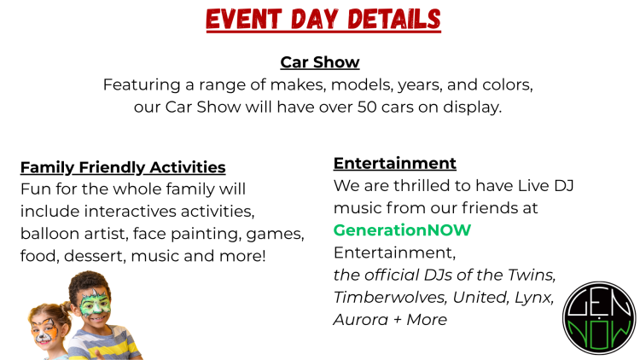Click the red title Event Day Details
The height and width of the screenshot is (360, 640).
pyautogui.click(x=323, y=19)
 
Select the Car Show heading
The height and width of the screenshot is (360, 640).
pyautogui.click(x=320, y=62)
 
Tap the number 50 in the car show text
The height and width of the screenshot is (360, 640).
pyautogui.click(x=367, y=107)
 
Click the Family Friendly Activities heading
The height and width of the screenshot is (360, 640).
pyautogui.click(x=123, y=167)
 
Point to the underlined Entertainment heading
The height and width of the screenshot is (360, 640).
pyautogui.click(x=395, y=163)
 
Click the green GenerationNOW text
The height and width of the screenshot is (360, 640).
pyautogui.click(x=402, y=230)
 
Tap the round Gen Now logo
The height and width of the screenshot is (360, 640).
pyautogui.click(x=599, y=318)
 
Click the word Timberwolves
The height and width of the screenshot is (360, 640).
pyautogui.click(x=389, y=297)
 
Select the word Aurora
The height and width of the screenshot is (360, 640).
pyautogui.click(x=361, y=319)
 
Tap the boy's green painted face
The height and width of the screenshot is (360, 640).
pyautogui.click(x=95, y=303)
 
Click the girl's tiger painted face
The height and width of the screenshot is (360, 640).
pyautogui.click(x=45, y=329)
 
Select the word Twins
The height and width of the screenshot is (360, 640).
pyautogui.click(x=532, y=275)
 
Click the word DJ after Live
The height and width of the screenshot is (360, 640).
pyautogui.click(x=564, y=186)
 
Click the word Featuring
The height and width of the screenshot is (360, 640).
pyautogui.click(x=142, y=85)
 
